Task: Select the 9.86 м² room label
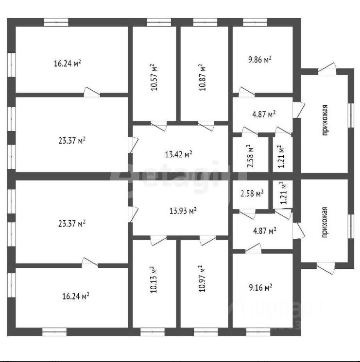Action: [x=259, y=59]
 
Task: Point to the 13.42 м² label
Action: [x=178, y=154]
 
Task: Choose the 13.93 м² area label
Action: [x=183, y=210]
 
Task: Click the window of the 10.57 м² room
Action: [x=155, y=21]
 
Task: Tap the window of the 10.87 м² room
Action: [x=205, y=21]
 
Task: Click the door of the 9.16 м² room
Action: [x=253, y=248]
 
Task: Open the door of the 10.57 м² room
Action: [x=158, y=125]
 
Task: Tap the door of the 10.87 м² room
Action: [x=206, y=125]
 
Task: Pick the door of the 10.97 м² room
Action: [x=207, y=239]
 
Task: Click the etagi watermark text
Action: [x=170, y=181]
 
